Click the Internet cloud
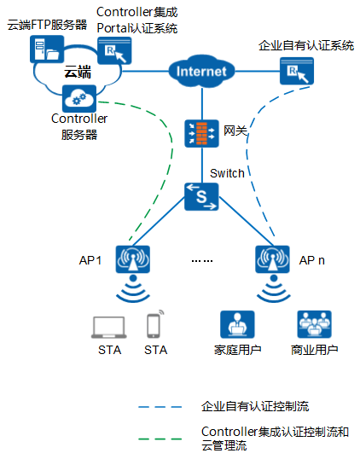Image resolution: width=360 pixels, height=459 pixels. [201, 71]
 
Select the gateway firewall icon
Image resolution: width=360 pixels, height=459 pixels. [201, 133]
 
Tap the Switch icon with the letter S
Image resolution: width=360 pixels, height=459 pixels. [201, 197]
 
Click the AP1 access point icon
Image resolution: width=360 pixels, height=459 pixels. [133, 259]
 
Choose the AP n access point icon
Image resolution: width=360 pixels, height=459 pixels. [272, 259]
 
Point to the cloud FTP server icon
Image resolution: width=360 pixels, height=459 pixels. [47, 49]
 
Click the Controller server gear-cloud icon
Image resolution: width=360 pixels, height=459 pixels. [79, 99]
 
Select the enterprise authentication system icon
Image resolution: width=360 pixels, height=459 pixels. [297, 71]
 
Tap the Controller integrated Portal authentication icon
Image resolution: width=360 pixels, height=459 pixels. [114, 50]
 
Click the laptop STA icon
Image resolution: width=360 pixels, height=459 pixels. [109, 328]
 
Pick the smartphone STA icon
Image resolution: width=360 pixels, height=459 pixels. [154, 324]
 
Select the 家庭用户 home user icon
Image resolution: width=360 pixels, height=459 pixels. [237, 325]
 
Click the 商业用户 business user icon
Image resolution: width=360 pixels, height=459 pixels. [314, 325]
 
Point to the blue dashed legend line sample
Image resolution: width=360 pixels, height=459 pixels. [160, 407]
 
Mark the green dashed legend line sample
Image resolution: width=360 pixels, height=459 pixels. [160, 439]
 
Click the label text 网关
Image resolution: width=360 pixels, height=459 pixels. [235, 131]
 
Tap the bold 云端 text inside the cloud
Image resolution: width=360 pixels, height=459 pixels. [78, 72]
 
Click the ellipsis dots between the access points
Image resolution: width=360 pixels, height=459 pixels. [202, 260]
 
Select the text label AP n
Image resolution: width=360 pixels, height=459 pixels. [312, 260]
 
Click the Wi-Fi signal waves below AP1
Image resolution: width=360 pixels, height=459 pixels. [133, 289]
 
